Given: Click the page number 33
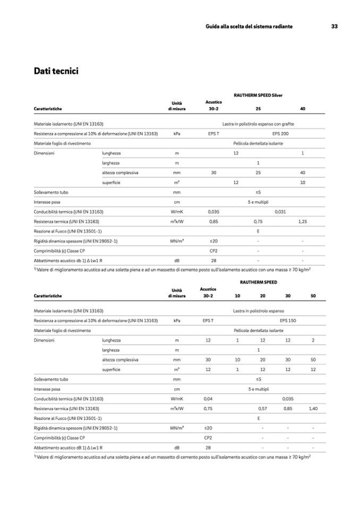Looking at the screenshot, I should click(335, 27).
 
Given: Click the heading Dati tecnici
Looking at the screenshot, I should click(56, 71).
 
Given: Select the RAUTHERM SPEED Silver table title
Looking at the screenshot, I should click(258, 95).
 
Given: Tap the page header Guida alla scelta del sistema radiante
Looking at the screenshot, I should click(249, 27).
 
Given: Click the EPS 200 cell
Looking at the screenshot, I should click(280, 134).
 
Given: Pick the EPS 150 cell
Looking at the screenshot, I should click(288, 321).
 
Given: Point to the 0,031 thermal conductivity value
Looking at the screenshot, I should click(280, 211).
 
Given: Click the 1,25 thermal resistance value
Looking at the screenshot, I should click(303, 221).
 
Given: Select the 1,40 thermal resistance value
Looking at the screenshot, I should click(313, 408).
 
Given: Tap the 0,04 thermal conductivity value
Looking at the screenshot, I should click(208, 398).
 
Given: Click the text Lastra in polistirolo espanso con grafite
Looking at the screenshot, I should click(258, 124).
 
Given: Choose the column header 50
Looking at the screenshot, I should click(313, 296).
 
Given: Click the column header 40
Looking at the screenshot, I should click(303, 109).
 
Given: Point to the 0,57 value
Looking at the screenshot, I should click(262, 408).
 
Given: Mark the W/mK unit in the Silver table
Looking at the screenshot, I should click(177, 211).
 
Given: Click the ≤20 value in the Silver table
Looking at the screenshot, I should click(213, 240).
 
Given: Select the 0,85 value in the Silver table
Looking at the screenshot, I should click(213, 221).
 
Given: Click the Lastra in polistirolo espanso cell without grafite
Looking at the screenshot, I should click(258, 310).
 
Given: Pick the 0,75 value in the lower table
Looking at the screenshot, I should click(208, 408).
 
